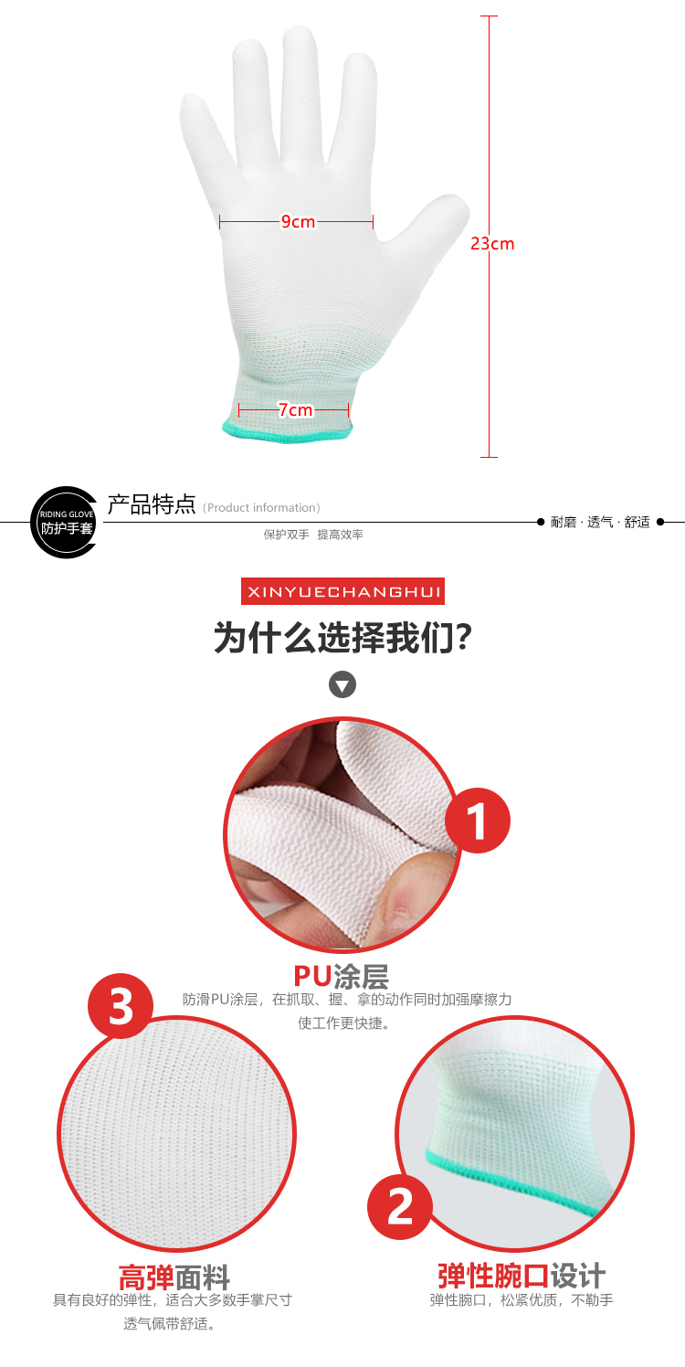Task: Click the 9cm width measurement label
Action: click(x=299, y=221)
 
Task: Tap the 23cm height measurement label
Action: click(x=492, y=244)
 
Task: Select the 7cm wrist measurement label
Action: click(x=295, y=409)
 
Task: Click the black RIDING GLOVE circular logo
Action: click(x=64, y=523)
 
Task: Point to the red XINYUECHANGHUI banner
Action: click(x=342, y=591)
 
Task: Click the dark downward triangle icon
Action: click(x=342, y=684)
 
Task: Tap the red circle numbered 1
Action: click(x=478, y=821)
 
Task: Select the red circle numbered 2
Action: click(x=400, y=1206)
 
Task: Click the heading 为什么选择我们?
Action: click(x=342, y=638)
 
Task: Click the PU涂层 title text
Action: click(x=341, y=977)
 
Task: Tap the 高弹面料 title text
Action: click(x=174, y=1277)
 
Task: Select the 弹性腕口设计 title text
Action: click(x=522, y=1276)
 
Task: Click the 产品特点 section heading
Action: click(x=152, y=504)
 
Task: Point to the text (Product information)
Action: click(x=261, y=508)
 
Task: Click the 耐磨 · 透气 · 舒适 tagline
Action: click(x=600, y=522)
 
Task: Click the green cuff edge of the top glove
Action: click(x=288, y=432)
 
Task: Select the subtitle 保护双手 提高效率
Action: click(x=313, y=535)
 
